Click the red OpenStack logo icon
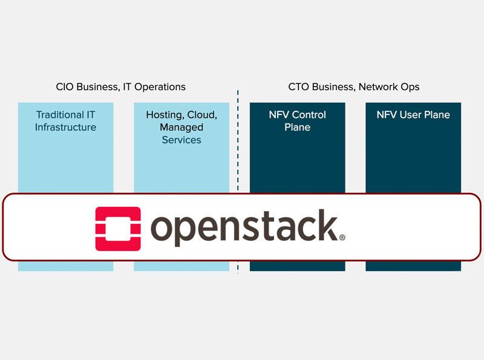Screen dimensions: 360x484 coord(118,229)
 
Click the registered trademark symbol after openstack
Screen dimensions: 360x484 coord(342,238)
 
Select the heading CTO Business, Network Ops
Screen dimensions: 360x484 coord(354,87)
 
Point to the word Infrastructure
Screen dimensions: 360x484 coord(65,127)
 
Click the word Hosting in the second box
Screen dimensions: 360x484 coord(164,114)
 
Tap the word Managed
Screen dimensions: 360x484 coord(181,127)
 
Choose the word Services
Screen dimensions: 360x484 coord(181,140)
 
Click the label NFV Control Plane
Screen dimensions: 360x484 coord(297,120)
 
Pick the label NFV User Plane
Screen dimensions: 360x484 coord(413,114)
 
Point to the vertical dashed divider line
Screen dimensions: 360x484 coord(238,151)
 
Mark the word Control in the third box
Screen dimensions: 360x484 coord(309,114)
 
